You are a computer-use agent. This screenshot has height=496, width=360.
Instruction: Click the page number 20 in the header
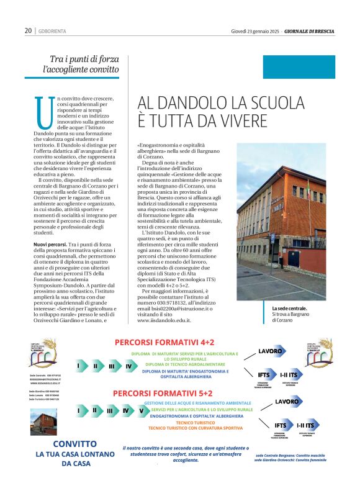coord(28,30)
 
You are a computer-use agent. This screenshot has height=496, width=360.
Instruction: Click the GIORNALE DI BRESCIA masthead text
coord(310,30)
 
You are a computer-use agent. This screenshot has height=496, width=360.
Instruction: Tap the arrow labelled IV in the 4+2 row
coord(128,366)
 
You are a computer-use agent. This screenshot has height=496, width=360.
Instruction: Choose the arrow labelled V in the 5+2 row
coord(141,410)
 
